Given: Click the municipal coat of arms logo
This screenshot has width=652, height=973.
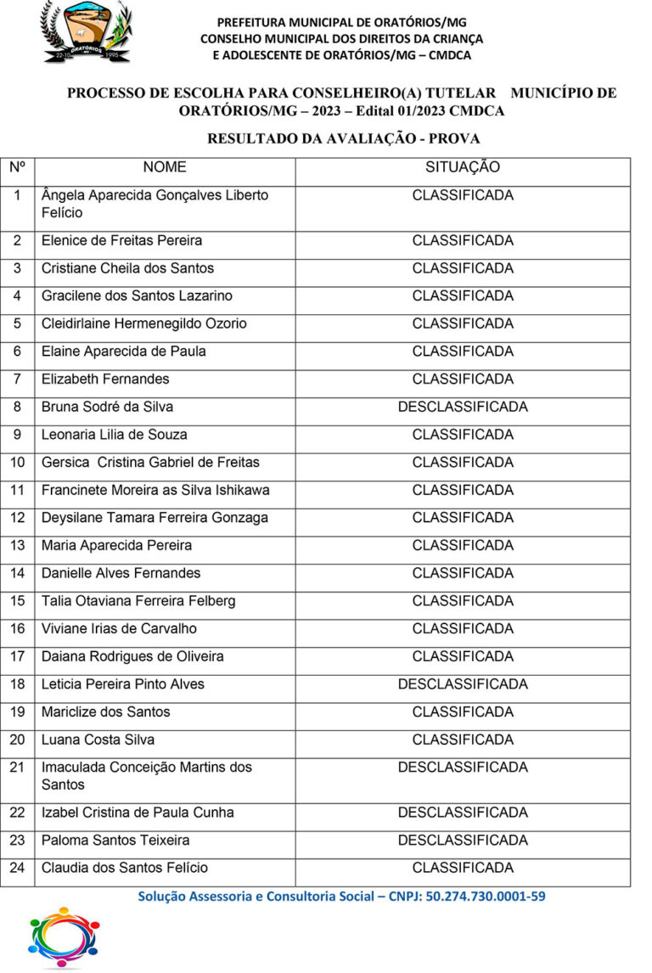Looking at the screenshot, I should click(87, 31).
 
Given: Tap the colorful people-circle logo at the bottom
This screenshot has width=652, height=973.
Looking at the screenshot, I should click(64, 937).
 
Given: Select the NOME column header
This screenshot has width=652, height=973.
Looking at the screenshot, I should click(165, 167).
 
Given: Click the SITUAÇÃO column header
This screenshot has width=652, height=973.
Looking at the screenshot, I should click(463, 167).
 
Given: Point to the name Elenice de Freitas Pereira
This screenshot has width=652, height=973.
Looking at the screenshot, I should click(121, 240).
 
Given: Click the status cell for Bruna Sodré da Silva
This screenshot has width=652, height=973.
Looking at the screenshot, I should click(463, 407).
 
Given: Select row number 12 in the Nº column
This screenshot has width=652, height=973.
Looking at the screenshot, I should click(18, 518).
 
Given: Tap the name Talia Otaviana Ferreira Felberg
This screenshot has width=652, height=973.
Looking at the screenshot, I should click(138, 601).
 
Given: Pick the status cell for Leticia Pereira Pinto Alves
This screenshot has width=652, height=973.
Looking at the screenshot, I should click(463, 684).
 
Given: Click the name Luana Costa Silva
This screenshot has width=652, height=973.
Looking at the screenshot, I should click(98, 740).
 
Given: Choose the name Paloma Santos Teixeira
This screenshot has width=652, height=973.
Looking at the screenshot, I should click(115, 841).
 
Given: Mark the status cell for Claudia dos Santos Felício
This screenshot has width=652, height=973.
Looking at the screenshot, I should click(463, 868).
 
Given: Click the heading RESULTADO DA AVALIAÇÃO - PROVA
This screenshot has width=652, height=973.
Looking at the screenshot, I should click(344, 138).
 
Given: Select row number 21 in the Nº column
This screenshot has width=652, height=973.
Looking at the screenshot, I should click(18, 768).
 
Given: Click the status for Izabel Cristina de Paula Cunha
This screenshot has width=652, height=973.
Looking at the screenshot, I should click(463, 813).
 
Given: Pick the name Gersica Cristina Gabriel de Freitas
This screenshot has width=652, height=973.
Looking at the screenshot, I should click(150, 463).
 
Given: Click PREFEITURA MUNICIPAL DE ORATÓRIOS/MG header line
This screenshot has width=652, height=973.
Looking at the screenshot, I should click(341, 22).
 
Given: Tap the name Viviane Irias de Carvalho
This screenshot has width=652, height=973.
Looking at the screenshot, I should click(119, 629).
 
